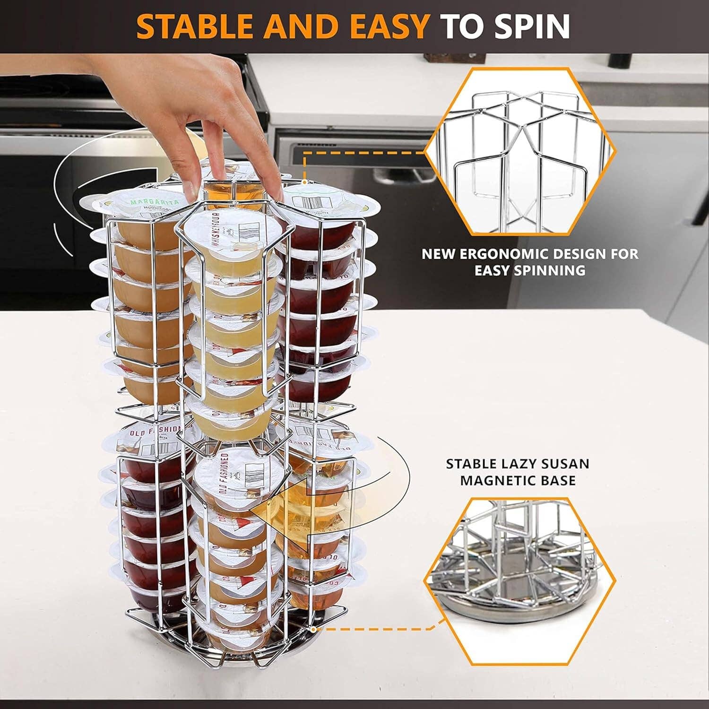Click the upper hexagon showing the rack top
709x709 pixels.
click(520, 151)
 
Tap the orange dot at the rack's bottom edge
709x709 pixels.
click(313, 630)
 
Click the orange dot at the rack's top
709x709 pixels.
click(305, 182)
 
